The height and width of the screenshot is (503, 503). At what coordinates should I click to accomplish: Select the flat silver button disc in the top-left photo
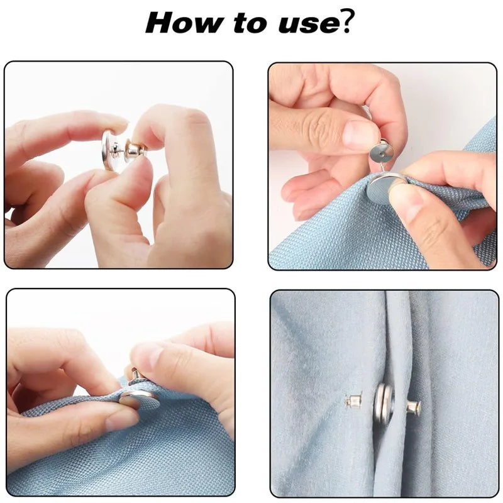(x=108, y=150)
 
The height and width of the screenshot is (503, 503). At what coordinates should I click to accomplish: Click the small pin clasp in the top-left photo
(x=135, y=149)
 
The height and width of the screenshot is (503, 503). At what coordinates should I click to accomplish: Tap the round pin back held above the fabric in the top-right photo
(x=381, y=153)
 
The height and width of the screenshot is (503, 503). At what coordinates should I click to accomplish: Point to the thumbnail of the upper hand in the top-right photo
(x=359, y=134)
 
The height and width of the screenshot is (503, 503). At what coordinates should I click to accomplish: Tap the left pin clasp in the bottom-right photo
(x=353, y=401)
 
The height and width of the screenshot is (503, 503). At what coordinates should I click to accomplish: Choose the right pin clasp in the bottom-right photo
(x=414, y=406)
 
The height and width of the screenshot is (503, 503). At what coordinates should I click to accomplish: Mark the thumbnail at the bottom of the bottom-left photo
(x=123, y=420)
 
